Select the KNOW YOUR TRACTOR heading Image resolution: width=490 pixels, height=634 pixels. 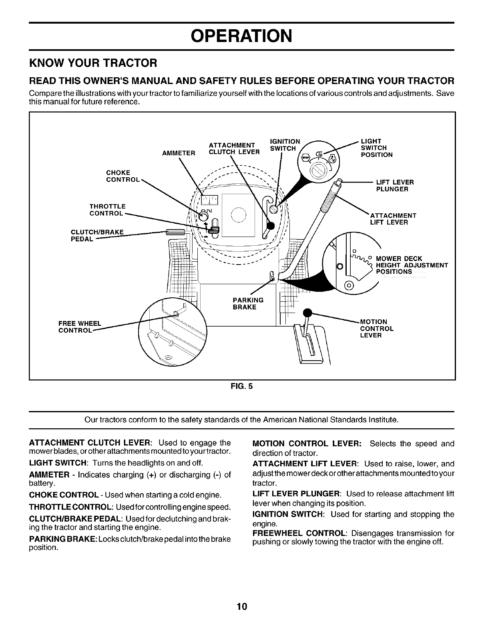click(x=93, y=63)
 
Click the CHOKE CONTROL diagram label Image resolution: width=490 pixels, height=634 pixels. click(x=122, y=176)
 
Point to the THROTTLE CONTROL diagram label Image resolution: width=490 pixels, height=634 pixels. click(x=107, y=210)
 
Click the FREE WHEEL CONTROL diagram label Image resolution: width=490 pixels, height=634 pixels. click(x=80, y=327)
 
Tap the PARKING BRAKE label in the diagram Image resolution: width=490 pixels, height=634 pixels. click(x=248, y=303)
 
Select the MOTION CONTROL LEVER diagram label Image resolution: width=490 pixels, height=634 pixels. click(x=377, y=328)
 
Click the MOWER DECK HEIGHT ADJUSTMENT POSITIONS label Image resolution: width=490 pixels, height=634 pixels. click(x=412, y=265)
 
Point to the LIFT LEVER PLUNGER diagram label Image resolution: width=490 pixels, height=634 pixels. click(x=395, y=186)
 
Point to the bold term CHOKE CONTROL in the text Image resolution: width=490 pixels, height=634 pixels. click(x=64, y=494)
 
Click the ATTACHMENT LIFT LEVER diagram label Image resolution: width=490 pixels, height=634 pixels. click(x=393, y=219)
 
